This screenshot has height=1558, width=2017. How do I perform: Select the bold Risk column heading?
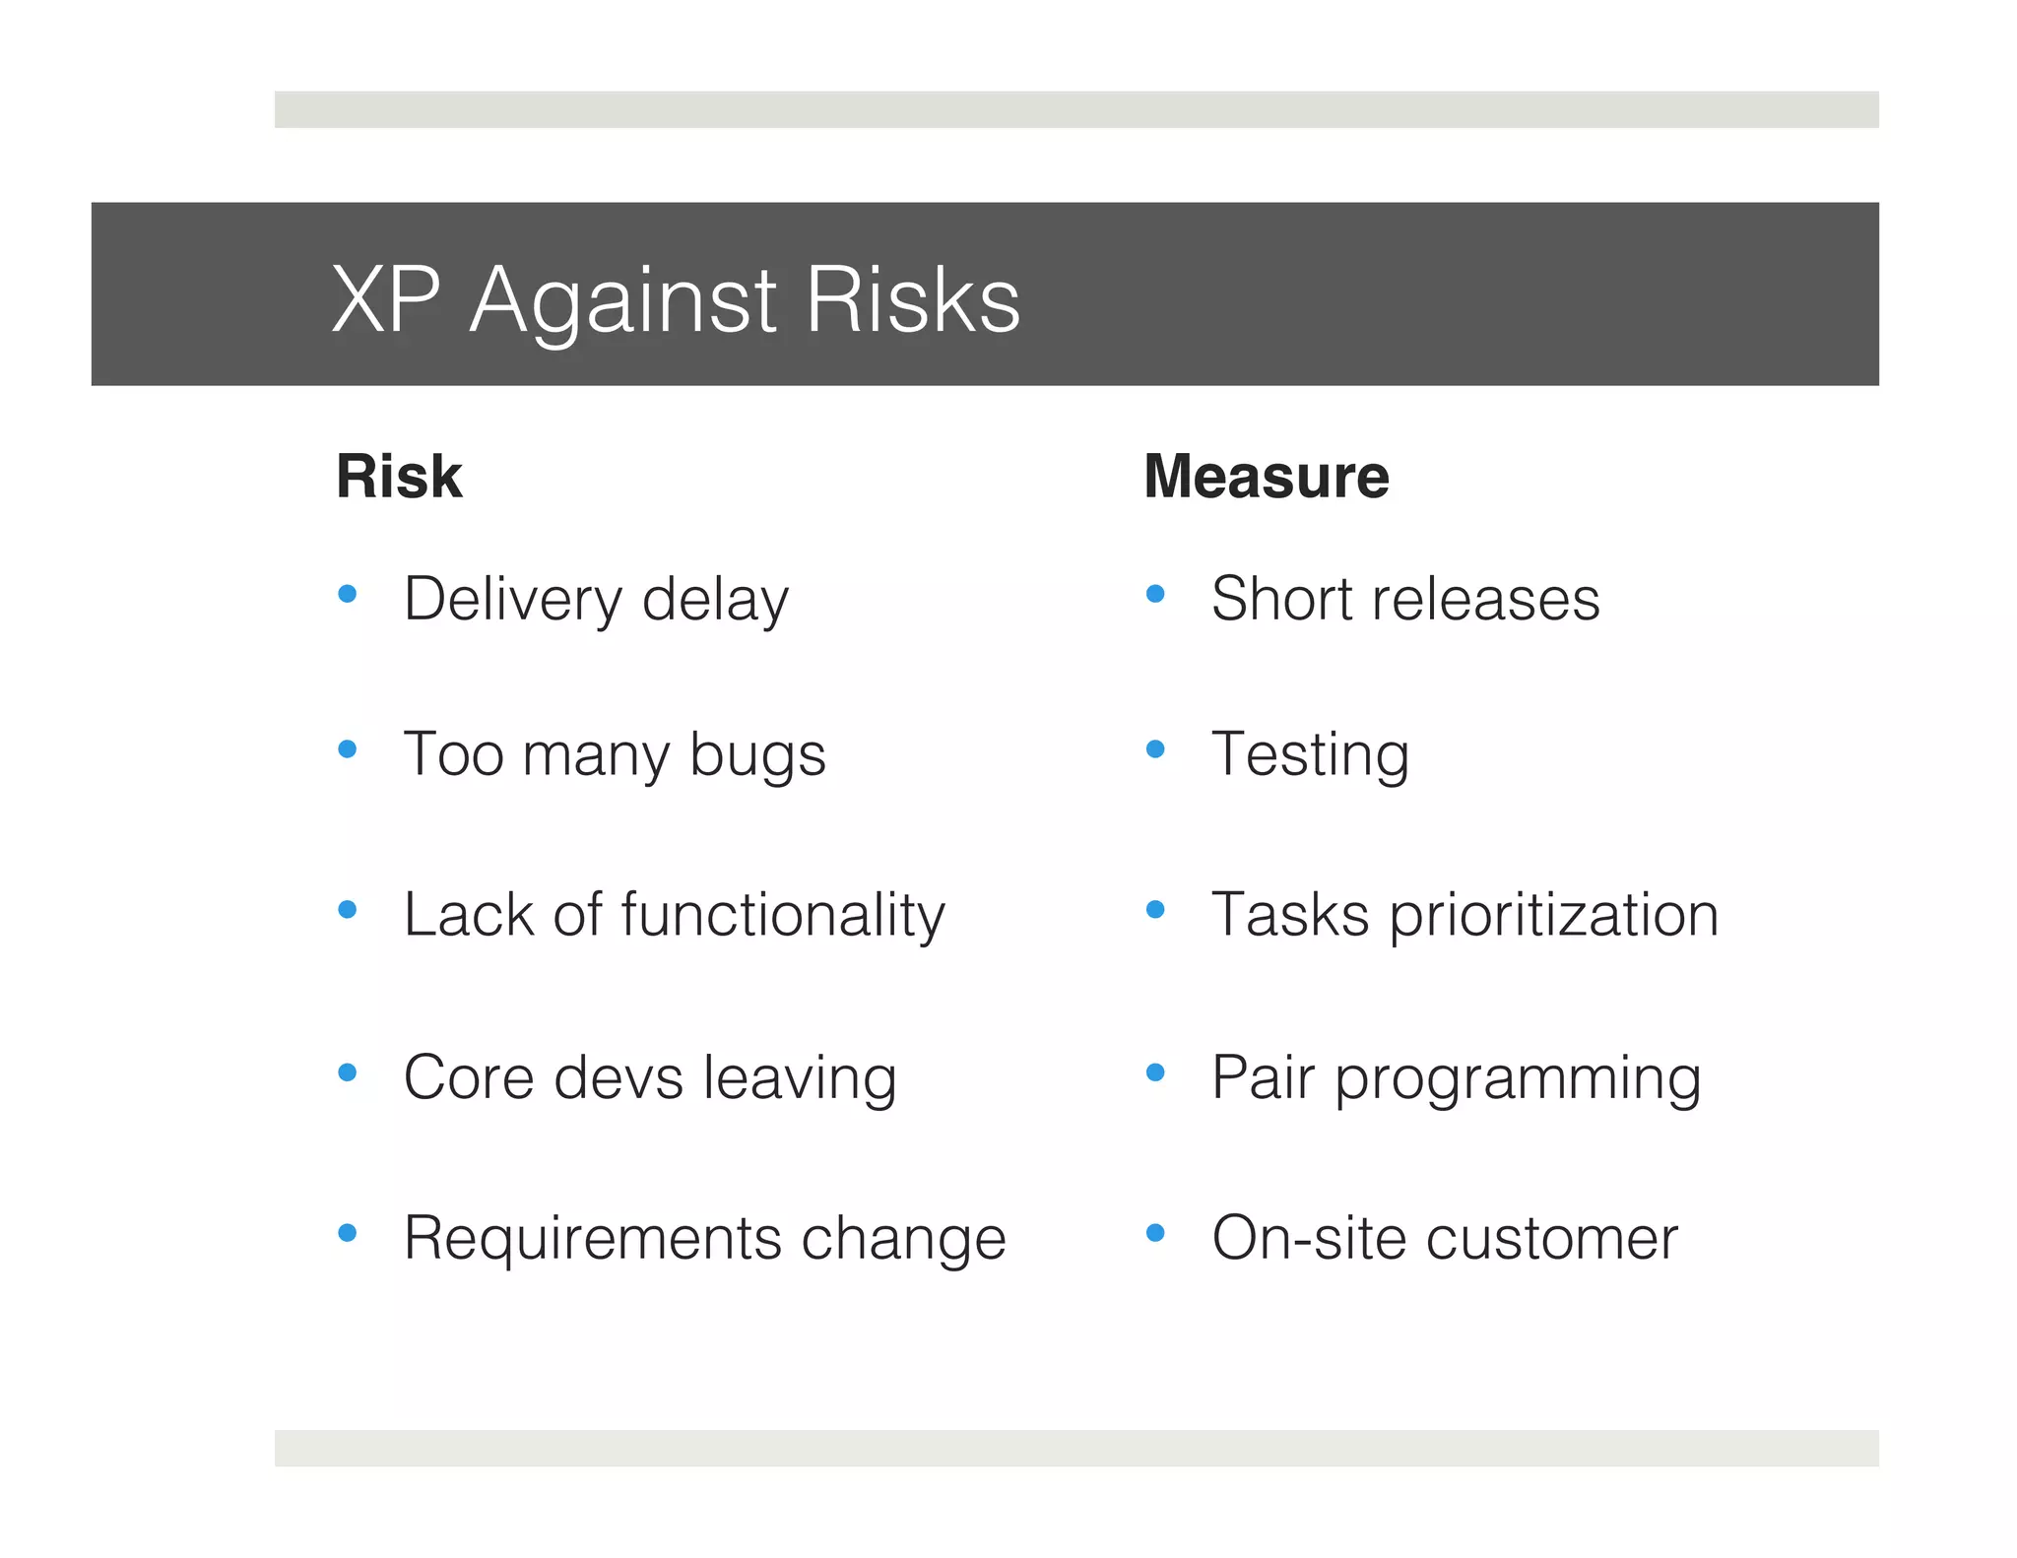[x=399, y=477]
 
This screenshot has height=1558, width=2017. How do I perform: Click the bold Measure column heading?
[x=1267, y=477]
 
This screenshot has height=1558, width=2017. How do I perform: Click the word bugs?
[x=756, y=756]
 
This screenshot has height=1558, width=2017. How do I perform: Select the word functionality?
[x=783, y=915]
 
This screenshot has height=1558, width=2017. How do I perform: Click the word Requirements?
[x=592, y=1238]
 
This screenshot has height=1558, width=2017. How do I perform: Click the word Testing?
[x=1310, y=756]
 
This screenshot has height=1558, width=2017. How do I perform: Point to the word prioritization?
[x=1554, y=915]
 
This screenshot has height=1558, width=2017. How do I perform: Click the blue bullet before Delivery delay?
[x=347, y=594]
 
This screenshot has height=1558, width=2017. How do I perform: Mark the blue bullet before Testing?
[x=1155, y=749]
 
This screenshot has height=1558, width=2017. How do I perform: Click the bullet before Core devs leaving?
[x=347, y=1071]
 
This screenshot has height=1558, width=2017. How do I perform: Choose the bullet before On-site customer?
[x=1155, y=1232]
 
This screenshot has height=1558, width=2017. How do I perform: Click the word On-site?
[x=1308, y=1238]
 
